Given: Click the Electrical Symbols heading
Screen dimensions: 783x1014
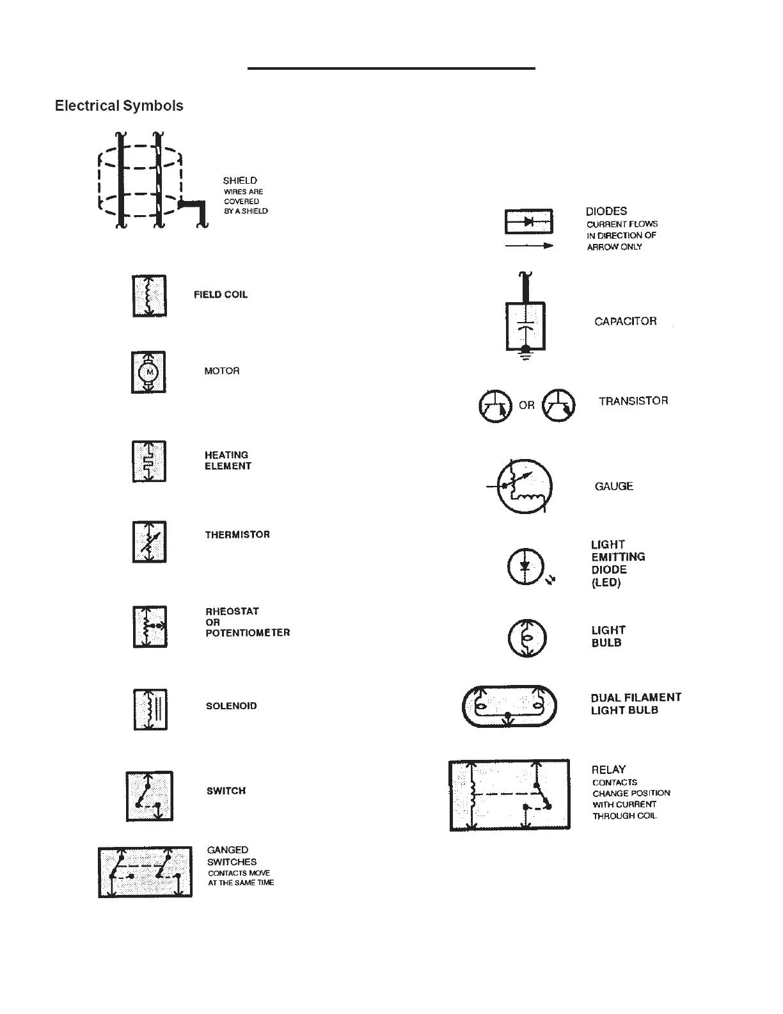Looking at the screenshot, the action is pos(119,106).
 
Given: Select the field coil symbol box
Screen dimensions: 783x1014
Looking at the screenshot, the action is pos(149,296).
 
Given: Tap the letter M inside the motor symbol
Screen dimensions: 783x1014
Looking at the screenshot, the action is pos(150,372).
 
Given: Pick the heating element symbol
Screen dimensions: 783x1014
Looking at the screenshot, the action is pos(149,461).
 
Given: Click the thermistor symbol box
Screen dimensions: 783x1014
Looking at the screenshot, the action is pos(149,542).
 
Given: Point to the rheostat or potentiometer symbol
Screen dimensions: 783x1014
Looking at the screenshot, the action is pos(150,626).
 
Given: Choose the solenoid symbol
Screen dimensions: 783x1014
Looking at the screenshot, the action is pos(150,709).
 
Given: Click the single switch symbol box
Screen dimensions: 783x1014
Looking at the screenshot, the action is pos(149,796).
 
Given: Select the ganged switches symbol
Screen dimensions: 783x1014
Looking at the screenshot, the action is pos(145,871).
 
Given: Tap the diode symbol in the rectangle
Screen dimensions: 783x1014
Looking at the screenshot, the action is pos(529,221).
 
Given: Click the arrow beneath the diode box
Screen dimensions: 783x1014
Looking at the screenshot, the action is pos(529,246).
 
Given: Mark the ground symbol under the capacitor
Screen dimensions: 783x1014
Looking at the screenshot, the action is pos(526,355).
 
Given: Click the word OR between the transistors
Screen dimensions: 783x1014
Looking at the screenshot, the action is pos(526,405).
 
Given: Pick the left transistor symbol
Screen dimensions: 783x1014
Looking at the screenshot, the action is pos(496,405).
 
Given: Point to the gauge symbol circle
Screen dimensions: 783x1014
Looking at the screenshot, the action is pos(525,487).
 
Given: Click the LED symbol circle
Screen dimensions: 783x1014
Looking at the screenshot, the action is pos(525,567).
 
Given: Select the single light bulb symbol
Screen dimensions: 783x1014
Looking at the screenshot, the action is pos(526,638).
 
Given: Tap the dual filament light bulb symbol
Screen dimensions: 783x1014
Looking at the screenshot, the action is pos(509,706).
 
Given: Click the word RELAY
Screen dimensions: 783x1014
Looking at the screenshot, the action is pos(608,769).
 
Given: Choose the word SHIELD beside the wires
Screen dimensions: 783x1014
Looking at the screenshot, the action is pos(240,181).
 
